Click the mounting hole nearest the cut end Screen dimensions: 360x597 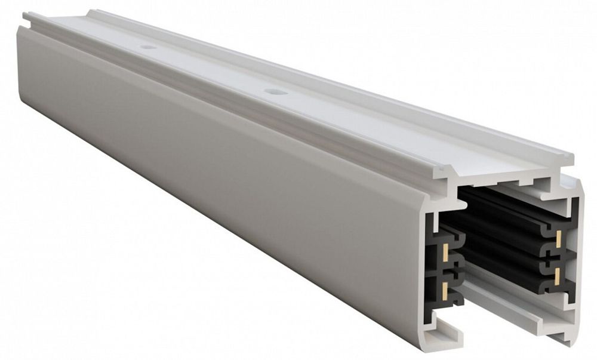point(275,92)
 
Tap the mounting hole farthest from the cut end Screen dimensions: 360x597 point(148,47)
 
